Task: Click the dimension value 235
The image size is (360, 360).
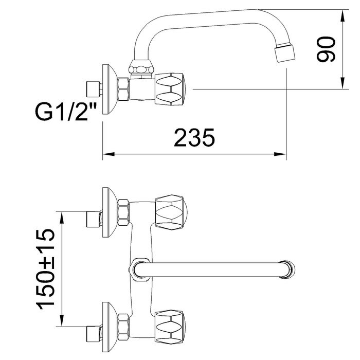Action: coord(194,137)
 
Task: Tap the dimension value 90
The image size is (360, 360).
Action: coord(326,49)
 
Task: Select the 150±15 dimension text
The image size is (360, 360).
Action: coord(45,269)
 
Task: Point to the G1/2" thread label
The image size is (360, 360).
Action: coord(66,112)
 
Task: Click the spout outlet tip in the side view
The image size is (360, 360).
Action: coord(285,53)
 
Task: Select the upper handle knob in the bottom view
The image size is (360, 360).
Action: coord(171,212)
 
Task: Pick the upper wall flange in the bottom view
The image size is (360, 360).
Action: coord(110,212)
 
